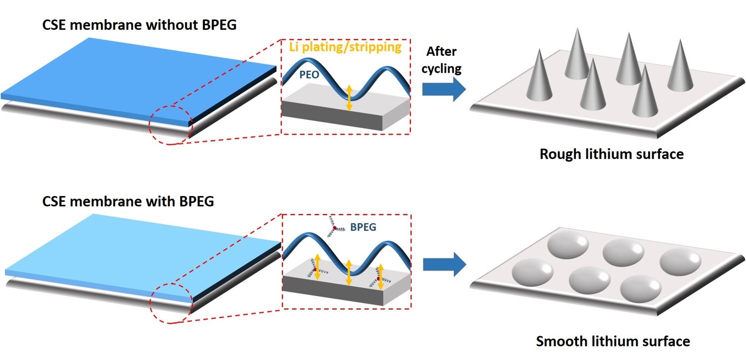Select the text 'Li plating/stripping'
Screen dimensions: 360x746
tap(345, 47)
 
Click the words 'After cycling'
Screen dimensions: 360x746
tap(441, 59)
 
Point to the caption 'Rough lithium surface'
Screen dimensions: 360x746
tap(611, 154)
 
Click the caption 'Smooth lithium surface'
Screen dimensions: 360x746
tap(613, 341)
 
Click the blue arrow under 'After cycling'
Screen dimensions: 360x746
tap(443, 90)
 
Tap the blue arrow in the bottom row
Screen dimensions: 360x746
tap(443, 264)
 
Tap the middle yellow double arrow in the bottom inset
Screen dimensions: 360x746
tap(349, 272)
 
